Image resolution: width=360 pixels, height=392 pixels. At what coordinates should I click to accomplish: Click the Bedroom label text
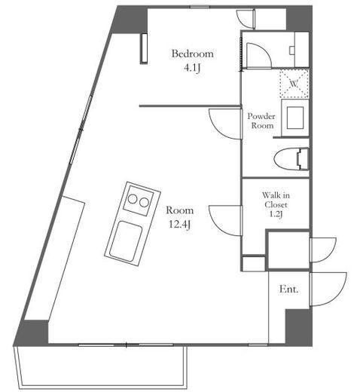coord(193,54)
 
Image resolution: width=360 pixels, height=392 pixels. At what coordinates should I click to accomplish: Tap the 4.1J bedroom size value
coord(192,68)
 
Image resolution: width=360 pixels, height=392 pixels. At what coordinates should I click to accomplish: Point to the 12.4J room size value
coord(179,224)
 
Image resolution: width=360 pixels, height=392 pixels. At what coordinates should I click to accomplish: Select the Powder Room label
coord(261,121)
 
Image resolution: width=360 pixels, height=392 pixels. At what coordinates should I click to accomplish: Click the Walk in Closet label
coord(276,200)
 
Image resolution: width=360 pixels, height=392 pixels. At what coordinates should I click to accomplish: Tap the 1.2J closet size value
coord(276,214)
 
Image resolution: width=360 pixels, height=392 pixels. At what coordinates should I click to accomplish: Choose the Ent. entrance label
coord(289,289)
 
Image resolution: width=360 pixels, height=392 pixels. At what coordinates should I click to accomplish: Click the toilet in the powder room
coord(291,160)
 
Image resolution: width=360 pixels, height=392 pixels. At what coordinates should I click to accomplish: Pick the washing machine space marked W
coord(294,84)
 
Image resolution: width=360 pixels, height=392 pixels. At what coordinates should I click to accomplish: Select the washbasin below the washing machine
coord(295,118)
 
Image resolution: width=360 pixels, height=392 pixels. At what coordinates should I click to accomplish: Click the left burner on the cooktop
coord(133,199)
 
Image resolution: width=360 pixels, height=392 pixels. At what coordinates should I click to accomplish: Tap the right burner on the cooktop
coord(144,202)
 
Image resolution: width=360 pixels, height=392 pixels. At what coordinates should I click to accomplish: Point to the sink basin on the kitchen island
coord(126,240)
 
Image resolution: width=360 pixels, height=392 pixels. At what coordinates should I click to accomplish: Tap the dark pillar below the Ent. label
coord(299,327)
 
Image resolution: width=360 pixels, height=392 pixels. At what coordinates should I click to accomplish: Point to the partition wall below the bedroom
coord(190,106)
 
